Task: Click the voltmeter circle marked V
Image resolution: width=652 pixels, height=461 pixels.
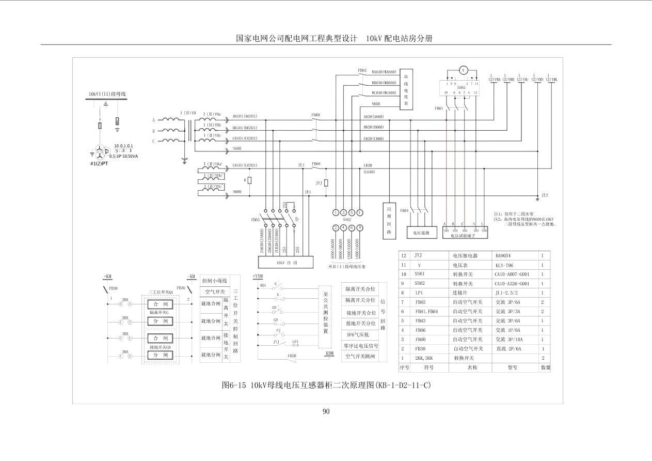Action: point(463,70)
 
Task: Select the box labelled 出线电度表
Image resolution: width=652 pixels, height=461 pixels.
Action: point(406,89)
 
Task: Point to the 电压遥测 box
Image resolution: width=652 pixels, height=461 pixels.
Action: point(421,233)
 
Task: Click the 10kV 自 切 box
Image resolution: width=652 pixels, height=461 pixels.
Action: point(285,263)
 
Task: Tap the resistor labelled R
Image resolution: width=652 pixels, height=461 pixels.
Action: point(250,180)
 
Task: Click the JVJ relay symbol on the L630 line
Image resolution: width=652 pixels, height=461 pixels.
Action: point(326,183)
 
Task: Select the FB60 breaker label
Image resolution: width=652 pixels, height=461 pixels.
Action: point(315,115)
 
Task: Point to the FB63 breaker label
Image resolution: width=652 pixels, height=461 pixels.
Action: point(362,70)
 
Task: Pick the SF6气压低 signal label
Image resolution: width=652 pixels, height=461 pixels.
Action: point(361,334)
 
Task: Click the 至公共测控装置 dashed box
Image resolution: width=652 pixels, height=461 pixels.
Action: point(325,317)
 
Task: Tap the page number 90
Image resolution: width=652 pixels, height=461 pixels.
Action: point(326,411)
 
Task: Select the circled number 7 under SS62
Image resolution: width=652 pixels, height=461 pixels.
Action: point(360,212)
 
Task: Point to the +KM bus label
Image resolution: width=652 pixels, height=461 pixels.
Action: point(107,277)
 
